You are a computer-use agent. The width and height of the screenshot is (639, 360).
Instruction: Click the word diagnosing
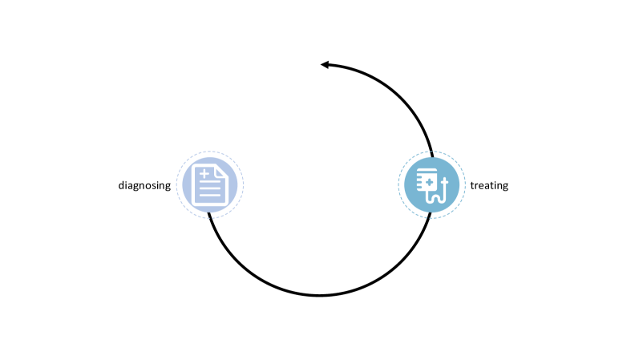pyautogui.click(x=144, y=185)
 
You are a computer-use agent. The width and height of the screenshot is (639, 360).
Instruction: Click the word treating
pyautogui.click(x=489, y=185)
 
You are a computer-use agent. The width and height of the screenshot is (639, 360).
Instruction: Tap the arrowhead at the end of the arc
pyautogui.click(x=325, y=64)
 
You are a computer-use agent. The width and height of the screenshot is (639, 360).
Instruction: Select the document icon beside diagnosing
pyautogui.click(x=210, y=184)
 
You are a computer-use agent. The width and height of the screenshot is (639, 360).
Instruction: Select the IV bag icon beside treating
pyautogui.click(x=431, y=185)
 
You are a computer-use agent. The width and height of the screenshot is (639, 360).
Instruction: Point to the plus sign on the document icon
pyautogui.click(x=205, y=173)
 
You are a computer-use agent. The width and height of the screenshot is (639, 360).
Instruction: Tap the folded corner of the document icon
pyautogui.click(x=222, y=171)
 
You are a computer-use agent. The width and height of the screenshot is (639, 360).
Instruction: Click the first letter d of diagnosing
pyautogui.click(x=121, y=185)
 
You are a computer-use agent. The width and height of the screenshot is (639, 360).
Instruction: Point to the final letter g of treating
pyautogui.click(x=505, y=187)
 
